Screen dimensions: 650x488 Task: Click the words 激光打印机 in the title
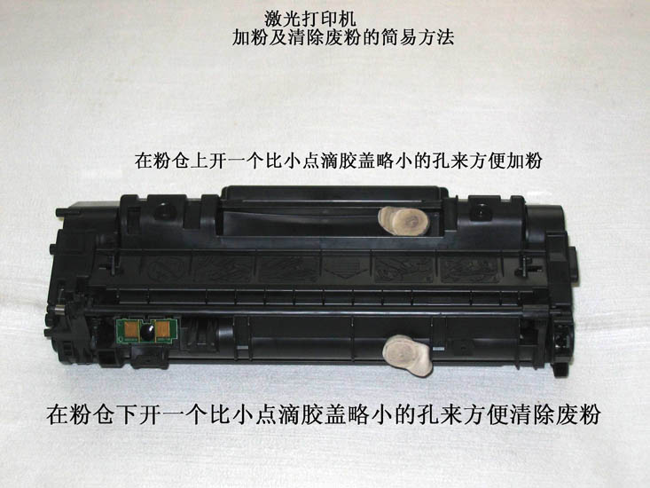coord(309,19)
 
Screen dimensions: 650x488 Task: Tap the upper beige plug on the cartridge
coord(403,221)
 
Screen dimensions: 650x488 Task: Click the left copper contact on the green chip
coord(131,330)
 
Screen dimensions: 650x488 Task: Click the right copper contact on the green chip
coord(162,330)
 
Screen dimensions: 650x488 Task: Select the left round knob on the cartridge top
coord(161,211)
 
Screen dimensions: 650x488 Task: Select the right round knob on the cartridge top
coord(481,211)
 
